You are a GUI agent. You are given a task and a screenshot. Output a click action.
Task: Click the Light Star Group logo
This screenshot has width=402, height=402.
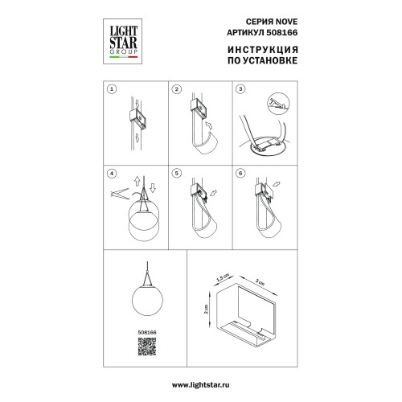122,41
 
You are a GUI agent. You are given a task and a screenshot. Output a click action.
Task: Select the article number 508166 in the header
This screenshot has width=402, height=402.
282,32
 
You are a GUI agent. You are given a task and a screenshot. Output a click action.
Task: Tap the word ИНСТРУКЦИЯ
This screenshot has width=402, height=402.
263,50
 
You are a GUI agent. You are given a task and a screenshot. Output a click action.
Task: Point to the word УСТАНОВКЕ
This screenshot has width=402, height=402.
271,60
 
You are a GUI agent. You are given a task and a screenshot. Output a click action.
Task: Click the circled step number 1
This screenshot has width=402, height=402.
112,89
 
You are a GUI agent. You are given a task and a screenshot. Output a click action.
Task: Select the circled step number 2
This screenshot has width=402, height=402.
177,89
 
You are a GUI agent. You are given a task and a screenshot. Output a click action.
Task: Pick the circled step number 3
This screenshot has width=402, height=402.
240,89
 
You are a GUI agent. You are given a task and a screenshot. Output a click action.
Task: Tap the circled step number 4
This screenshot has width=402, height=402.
112,174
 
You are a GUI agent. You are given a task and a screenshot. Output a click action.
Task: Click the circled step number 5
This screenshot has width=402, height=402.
177,174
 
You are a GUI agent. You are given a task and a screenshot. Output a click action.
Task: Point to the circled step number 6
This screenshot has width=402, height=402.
240,174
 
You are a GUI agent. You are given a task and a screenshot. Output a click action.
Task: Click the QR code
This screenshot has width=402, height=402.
147,347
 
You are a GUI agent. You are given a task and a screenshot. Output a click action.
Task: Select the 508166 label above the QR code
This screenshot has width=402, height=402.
147,332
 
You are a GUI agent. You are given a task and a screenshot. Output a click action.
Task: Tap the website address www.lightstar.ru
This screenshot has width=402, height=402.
200,385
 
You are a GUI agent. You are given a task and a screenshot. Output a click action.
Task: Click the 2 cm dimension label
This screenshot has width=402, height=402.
206,309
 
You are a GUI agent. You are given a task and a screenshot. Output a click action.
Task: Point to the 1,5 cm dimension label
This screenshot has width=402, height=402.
223,277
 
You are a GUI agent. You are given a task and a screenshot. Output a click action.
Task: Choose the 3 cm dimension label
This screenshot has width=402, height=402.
260,282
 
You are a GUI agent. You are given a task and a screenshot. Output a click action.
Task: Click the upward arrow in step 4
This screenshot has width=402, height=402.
137,182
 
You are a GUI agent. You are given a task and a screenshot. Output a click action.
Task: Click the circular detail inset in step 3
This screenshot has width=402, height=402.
279,104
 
